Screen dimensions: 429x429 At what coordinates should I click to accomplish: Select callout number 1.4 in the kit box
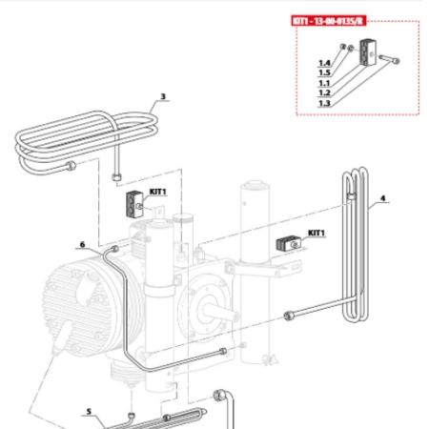tap(324, 63)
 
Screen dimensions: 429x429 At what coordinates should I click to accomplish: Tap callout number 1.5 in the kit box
tap(324, 72)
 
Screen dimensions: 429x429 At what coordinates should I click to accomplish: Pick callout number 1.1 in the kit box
tap(324, 83)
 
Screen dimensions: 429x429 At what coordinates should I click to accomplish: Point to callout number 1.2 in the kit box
tap(324, 92)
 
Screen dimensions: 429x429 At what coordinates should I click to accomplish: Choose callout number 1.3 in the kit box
tap(324, 103)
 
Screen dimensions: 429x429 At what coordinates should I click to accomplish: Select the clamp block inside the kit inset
tap(367, 57)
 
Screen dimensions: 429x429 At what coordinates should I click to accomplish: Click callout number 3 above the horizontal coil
tap(163, 96)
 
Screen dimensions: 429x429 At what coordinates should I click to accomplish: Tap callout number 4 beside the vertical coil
tap(382, 199)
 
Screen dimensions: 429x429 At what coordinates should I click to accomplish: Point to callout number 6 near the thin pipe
tap(83, 244)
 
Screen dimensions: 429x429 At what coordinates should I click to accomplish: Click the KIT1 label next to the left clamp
tap(157, 192)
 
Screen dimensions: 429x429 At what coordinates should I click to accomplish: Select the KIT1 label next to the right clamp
tap(316, 233)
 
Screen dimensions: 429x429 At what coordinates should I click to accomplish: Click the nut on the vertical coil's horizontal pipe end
tap(286, 317)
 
